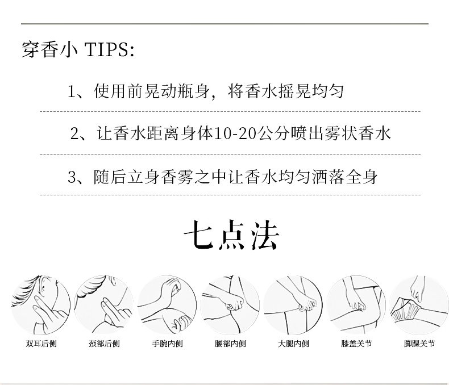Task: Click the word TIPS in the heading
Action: [x=108, y=49]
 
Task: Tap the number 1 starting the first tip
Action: [x=71, y=91]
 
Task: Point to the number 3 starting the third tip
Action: [x=71, y=177]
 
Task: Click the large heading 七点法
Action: [x=231, y=235]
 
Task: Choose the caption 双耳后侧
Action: [x=41, y=343]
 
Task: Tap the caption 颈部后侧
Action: [x=104, y=343]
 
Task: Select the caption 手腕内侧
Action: [x=167, y=343]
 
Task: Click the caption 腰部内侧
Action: [x=230, y=343]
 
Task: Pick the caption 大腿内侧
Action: [x=293, y=343]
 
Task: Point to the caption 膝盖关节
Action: [x=356, y=343]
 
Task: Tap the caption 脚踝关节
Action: [x=419, y=343]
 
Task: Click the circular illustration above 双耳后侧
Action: [x=41, y=305]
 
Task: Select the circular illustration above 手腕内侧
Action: [x=167, y=305]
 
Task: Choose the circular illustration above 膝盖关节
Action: [x=356, y=305]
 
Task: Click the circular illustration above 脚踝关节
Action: [x=419, y=305]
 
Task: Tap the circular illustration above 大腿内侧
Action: [x=293, y=305]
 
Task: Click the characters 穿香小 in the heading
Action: [x=49, y=49]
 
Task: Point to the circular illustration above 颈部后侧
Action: [x=103, y=305]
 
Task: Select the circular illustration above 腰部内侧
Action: [x=230, y=305]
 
